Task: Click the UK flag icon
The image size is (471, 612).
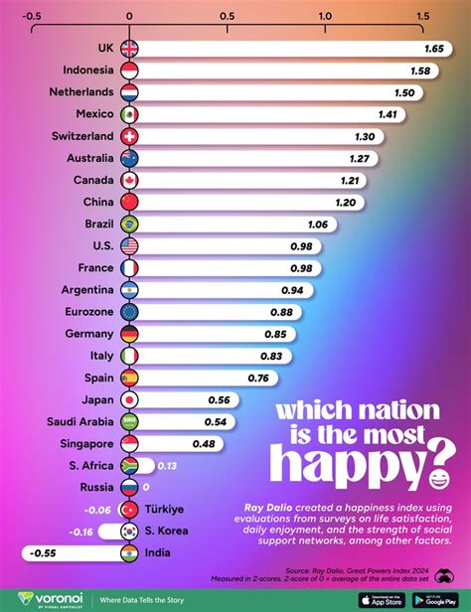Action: pos(129,49)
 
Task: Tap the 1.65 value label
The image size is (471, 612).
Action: pos(434,49)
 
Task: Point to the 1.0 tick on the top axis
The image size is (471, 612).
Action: pos(325,17)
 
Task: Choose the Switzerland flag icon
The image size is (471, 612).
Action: pos(129,136)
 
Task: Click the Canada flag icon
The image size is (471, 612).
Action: pos(129,180)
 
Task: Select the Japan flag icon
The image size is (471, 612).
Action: pos(129,399)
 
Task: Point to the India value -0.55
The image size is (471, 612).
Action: pos(44,552)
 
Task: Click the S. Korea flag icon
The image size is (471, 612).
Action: pos(129,531)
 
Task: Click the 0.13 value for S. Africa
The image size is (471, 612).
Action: pos(167,465)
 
